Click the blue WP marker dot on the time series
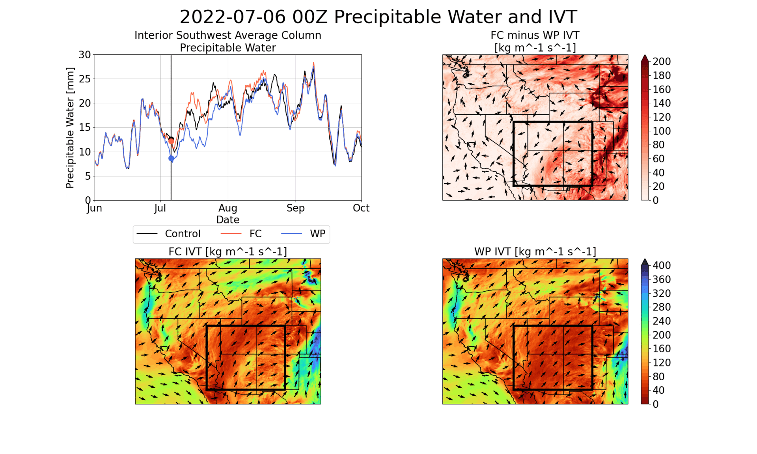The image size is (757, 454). (x=171, y=158)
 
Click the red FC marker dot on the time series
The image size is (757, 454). (x=171, y=141)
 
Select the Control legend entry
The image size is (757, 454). (x=183, y=234)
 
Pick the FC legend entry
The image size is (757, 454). (x=255, y=234)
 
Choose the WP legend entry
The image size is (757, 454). (x=317, y=234)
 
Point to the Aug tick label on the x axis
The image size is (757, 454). (x=228, y=208)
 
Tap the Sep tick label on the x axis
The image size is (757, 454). (x=296, y=208)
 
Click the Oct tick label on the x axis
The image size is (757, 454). (x=361, y=208)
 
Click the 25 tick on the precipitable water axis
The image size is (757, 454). (x=85, y=79)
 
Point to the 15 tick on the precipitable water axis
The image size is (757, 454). (x=85, y=128)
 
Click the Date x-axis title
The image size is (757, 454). (x=228, y=220)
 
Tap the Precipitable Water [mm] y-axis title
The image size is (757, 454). (x=70, y=128)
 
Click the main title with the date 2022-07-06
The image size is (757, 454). (x=378, y=17)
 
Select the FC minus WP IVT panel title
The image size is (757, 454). (x=535, y=41)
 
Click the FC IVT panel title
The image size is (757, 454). (x=228, y=251)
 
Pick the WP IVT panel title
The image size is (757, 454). (x=535, y=251)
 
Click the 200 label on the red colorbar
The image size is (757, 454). (x=662, y=61)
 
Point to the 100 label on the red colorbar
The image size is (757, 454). (x=662, y=131)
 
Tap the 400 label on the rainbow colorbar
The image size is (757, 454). (x=662, y=266)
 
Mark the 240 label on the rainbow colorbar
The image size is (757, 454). (x=662, y=321)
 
